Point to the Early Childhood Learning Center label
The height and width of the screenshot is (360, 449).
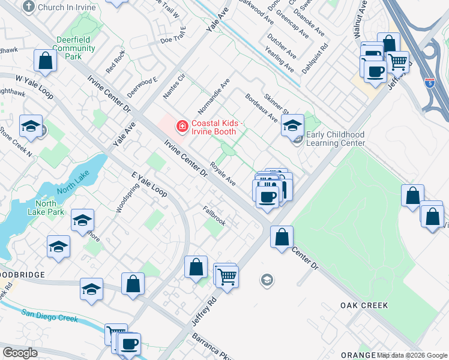pos(336,139)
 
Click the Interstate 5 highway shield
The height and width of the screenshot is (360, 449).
pos(430,83)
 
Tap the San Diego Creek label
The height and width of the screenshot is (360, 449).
pos(50,315)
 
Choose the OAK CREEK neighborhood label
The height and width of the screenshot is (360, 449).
pos(364,305)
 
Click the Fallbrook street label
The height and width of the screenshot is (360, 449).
pos(214,217)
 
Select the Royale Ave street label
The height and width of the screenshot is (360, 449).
pos(223,173)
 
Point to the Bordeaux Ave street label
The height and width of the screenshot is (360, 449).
pos(261,106)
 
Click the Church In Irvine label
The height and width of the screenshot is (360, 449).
pos(62,7)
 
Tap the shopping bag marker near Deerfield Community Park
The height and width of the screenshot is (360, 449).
pos(46,61)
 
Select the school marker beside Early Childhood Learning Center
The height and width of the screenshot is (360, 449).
pos(292,126)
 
